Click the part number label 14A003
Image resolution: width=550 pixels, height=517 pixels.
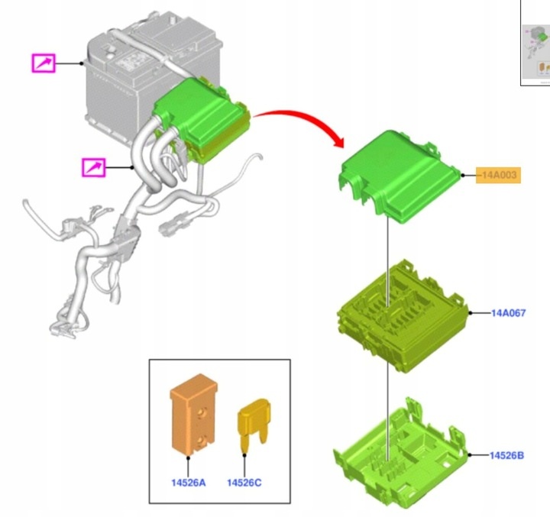[x=498, y=175]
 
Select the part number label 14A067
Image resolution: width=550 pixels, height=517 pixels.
[x=508, y=313]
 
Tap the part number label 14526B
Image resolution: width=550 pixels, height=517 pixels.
[x=506, y=455]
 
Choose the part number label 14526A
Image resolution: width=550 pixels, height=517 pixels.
[x=189, y=483]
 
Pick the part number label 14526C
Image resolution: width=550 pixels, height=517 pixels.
[x=244, y=483]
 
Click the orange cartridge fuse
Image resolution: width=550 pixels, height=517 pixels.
[x=193, y=415]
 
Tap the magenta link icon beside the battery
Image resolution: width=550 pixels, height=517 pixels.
[x=44, y=63]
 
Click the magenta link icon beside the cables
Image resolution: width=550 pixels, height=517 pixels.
[x=94, y=167]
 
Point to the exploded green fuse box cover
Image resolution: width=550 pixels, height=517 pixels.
[x=400, y=177]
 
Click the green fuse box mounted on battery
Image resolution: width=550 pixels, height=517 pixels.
[x=202, y=119]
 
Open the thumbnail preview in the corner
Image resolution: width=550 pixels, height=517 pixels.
[x=535, y=42]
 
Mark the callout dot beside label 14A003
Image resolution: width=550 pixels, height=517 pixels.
[x=463, y=175]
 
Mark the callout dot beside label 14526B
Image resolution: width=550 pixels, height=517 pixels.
[x=470, y=455]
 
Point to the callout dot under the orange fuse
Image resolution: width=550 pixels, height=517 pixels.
[x=189, y=457]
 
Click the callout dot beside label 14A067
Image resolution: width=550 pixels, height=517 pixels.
[x=471, y=313]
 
